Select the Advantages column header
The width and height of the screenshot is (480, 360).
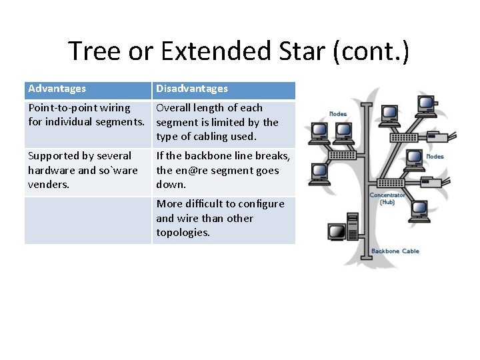point(57,89)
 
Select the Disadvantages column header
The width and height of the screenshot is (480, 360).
point(192,89)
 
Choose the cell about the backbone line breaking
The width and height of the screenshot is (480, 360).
point(223,170)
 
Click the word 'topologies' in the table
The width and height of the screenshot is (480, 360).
point(183,233)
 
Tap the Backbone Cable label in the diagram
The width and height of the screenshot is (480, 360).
point(395,251)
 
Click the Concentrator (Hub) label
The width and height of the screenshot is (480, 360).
point(387,198)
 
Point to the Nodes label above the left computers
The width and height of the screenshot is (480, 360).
point(338,114)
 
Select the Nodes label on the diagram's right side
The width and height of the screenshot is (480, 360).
point(435,157)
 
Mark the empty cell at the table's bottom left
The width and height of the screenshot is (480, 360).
point(88,220)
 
